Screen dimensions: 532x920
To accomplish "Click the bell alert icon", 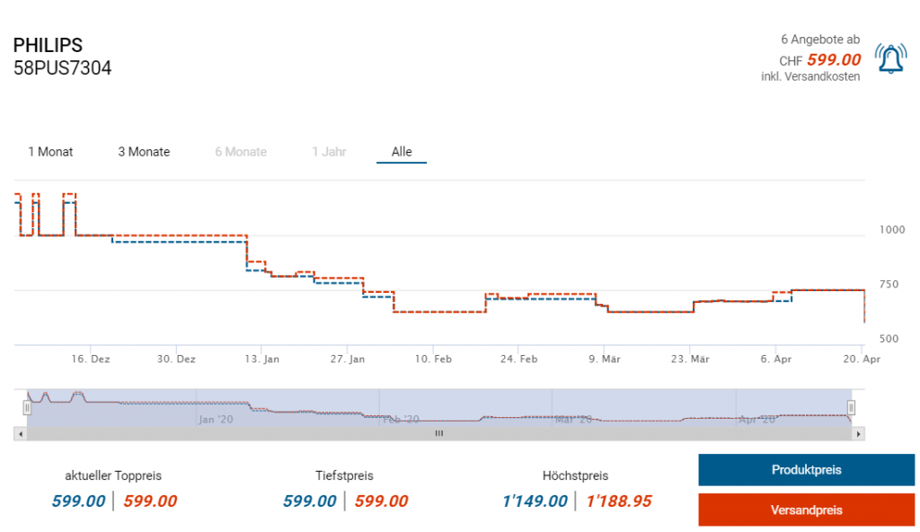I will [890, 59].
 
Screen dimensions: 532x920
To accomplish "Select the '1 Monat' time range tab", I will [50, 152].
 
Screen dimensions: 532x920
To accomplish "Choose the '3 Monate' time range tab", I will [144, 152].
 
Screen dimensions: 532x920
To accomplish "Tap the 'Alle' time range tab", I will [402, 152].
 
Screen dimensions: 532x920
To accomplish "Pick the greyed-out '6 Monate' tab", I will [241, 152].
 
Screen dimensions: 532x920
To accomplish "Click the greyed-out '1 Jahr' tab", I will [329, 152].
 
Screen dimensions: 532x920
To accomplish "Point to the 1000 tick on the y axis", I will [891, 229].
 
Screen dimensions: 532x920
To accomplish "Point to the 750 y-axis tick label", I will [888, 284].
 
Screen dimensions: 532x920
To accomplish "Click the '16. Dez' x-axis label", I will [91, 359].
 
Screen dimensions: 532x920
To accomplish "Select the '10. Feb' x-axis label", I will [432, 359].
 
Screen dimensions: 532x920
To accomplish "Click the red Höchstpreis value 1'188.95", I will [619, 501].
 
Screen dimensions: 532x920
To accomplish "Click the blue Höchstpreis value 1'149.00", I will [535, 501].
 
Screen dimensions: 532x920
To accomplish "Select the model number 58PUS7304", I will [62, 68].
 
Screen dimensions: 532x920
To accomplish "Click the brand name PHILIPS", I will [48, 45].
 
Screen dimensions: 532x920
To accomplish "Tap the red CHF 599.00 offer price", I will [833, 60].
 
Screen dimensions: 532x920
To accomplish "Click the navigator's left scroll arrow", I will [19, 433].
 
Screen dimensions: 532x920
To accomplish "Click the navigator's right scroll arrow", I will [859, 433].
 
